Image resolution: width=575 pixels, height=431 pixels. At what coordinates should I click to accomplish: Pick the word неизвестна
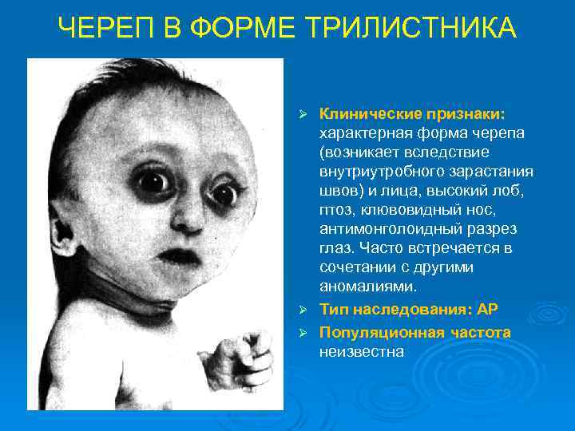(x=361, y=350)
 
